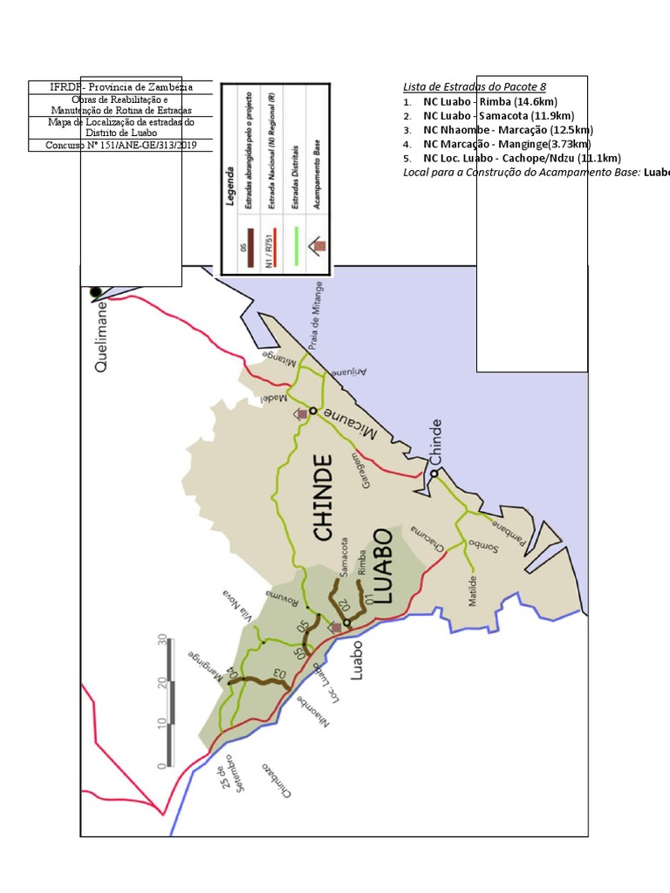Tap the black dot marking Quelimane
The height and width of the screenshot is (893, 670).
point(96,292)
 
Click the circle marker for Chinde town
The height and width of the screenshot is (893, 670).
point(433,474)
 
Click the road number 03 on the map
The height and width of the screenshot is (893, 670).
point(279,673)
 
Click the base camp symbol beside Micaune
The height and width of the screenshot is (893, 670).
point(302,413)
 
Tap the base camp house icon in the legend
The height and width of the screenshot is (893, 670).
point(318,246)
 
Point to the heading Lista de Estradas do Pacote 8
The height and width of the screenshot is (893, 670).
point(475,87)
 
